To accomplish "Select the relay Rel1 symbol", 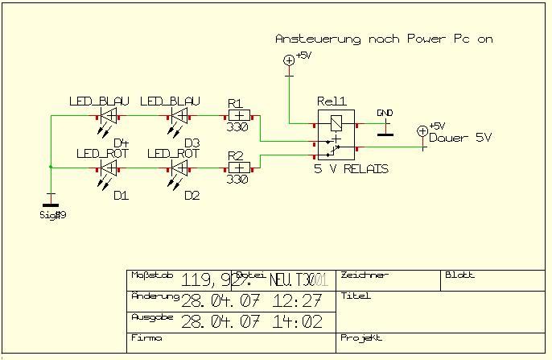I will point(334,133).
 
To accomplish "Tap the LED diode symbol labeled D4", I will point(109,116).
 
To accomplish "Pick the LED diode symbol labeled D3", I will point(179,116).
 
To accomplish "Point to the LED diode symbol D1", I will point(109,168).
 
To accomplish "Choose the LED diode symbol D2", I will point(179,168).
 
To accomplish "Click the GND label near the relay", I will point(385,113).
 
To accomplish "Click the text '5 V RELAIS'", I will point(351,169).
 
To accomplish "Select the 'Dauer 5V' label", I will point(459,138).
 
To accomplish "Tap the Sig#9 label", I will point(52,214).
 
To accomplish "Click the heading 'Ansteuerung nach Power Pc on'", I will point(383,39).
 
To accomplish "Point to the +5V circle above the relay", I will point(289,60).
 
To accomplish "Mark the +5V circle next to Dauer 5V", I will point(422,131).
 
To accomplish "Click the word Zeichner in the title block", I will point(365,275).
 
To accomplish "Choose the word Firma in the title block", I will point(146,338).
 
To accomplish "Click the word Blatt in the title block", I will point(459,275).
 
